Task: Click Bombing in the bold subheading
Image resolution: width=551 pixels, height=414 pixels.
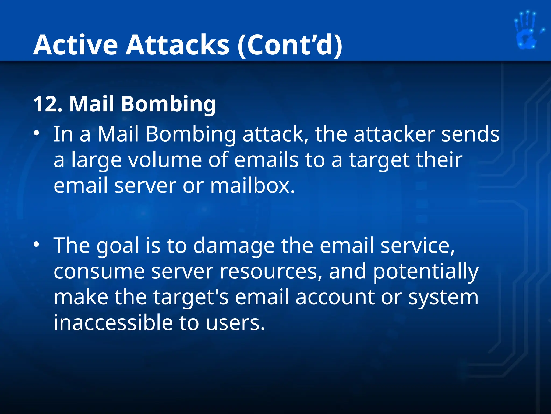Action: click(x=168, y=104)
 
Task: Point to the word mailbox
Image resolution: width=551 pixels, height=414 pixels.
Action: click(x=252, y=186)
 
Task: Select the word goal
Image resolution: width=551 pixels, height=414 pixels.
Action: click(x=118, y=246)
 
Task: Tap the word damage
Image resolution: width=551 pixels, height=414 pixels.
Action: click(x=234, y=246)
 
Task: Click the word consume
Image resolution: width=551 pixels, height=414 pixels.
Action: click(x=99, y=272)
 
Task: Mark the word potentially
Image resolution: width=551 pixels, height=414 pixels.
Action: click(x=426, y=272)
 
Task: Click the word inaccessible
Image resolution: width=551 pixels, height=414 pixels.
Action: click(x=113, y=323)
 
